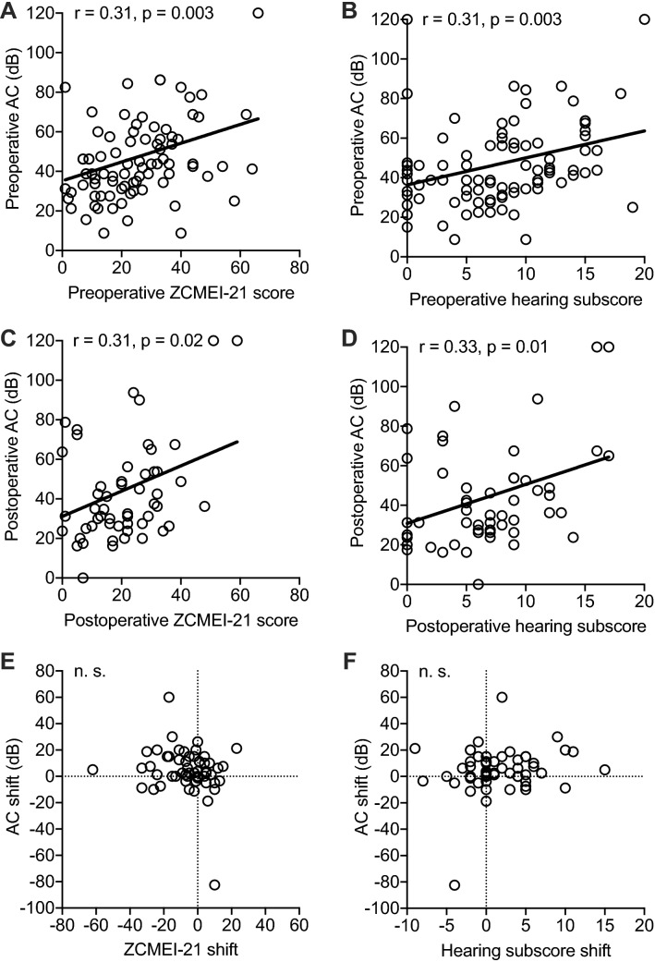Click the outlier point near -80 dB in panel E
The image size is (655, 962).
click(214, 884)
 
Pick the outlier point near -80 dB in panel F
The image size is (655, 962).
click(455, 884)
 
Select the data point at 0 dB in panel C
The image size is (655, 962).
click(82, 578)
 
